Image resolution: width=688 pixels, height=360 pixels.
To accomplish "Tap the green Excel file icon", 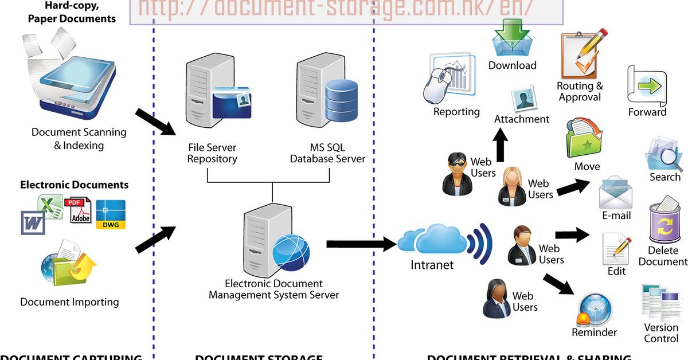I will coord(50,206).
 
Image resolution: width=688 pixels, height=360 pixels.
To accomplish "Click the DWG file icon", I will coord(111,214).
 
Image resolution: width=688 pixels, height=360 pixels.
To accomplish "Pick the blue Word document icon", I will coord(33,222).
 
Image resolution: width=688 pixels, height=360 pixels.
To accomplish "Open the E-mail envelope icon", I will coord(616,193).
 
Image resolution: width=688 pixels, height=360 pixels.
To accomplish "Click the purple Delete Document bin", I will coord(665,221).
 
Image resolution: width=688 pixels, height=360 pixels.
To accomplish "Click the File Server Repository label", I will coord(212,153).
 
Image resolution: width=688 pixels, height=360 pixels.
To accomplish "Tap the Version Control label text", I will coord(661,333).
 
